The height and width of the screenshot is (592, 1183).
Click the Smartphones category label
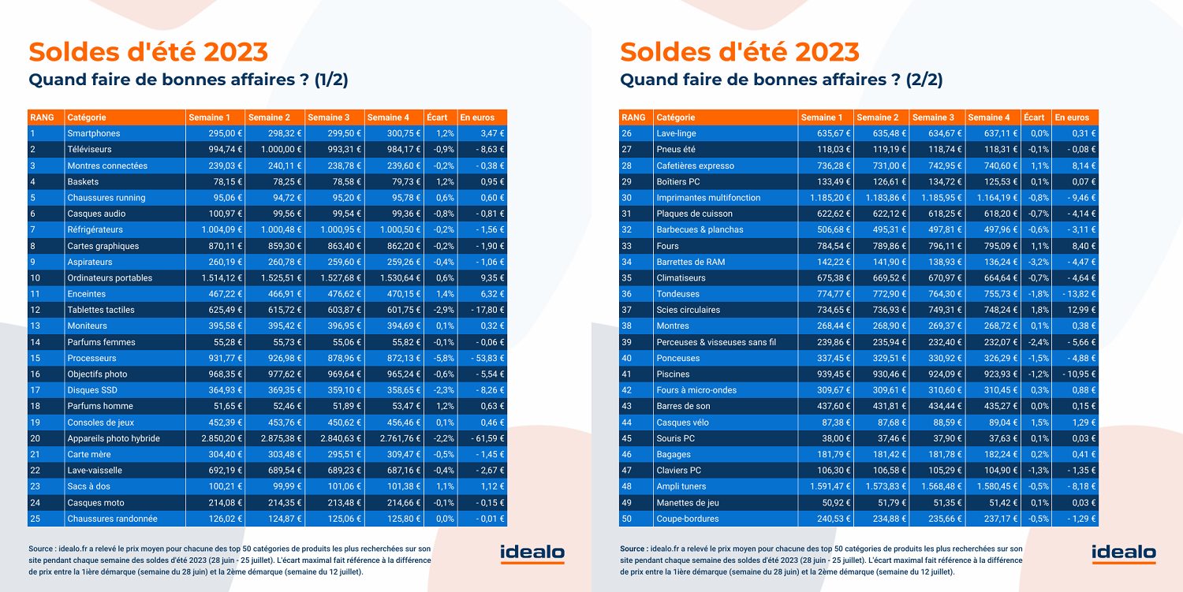(x=93, y=133)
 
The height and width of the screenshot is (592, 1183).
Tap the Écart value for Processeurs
(x=444, y=358)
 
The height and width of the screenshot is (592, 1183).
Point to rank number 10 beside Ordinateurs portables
(x=35, y=277)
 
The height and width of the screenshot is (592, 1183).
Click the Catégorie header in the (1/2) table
(x=87, y=117)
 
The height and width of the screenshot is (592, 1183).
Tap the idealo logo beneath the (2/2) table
(x=1124, y=554)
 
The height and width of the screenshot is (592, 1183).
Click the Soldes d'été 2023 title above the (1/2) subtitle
(x=148, y=52)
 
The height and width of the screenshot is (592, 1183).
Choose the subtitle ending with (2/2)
(x=782, y=80)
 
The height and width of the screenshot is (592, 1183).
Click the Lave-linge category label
(x=677, y=133)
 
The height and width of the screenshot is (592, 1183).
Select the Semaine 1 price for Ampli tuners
(x=827, y=486)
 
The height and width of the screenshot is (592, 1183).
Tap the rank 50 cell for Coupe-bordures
(x=628, y=519)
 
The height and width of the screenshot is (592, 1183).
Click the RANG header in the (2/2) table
(x=633, y=117)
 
